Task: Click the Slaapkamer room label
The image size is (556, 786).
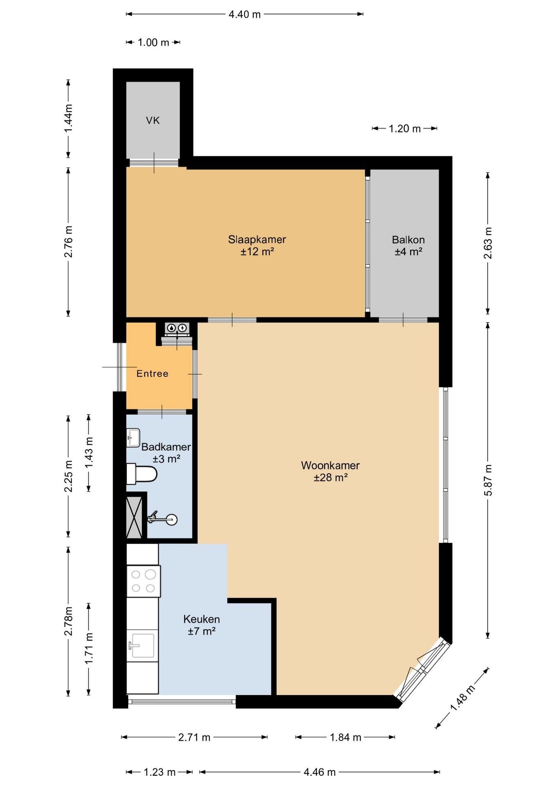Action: point(257,239)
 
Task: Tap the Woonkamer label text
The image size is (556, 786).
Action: point(330,465)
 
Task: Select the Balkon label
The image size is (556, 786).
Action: point(408,239)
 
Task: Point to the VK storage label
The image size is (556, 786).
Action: point(153,120)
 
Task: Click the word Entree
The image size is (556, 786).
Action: point(152,373)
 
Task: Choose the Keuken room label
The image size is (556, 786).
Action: point(201,619)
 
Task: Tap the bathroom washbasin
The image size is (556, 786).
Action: point(133,437)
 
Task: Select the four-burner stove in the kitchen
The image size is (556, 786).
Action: point(143,581)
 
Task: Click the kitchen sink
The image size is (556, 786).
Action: point(142,646)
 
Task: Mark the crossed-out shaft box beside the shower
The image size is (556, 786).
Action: point(134,517)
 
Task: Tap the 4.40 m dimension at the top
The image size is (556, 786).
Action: point(244,14)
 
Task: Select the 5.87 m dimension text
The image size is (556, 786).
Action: point(488,481)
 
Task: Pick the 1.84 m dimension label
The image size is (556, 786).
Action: point(346,737)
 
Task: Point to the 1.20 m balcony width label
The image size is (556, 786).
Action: point(405,129)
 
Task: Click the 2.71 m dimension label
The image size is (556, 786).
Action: point(194,737)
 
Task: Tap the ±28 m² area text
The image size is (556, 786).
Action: point(331,477)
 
